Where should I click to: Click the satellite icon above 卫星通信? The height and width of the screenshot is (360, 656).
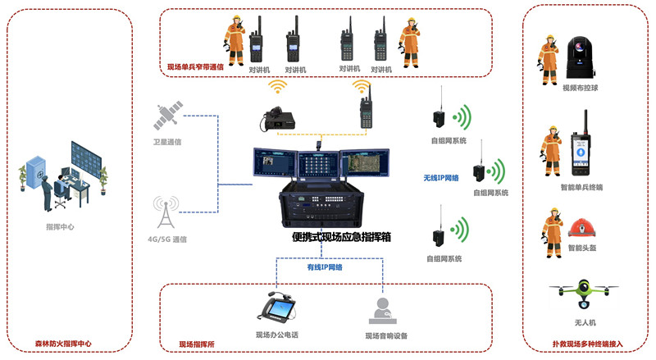coord(168,115)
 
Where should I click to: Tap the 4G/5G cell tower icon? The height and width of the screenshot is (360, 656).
coord(166,212)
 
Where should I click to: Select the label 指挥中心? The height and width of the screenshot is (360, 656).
coord(60,227)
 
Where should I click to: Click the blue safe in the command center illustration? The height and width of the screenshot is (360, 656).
coord(35,171)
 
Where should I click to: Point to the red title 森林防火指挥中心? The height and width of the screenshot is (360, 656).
coord(63,344)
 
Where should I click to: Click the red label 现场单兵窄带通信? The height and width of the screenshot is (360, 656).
coord(195,67)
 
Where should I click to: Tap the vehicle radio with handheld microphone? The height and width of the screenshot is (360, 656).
coord(278,118)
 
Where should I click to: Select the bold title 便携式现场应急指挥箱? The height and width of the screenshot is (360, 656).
coord(341,237)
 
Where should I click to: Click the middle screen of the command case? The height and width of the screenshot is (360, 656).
coord(318,164)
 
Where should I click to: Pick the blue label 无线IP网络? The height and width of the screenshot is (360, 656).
coord(441,178)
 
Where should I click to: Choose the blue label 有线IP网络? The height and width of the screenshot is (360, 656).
coord(325,267)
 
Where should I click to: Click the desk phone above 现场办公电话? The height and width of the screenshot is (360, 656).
coord(276,310)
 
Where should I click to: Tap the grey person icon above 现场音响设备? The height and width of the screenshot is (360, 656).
coord(382,311)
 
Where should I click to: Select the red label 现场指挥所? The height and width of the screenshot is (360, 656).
coord(197,344)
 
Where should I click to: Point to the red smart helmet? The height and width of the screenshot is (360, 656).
coord(582,228)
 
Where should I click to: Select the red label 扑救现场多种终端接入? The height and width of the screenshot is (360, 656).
coord(587,344)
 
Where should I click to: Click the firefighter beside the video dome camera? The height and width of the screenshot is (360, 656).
coord(548,60)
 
